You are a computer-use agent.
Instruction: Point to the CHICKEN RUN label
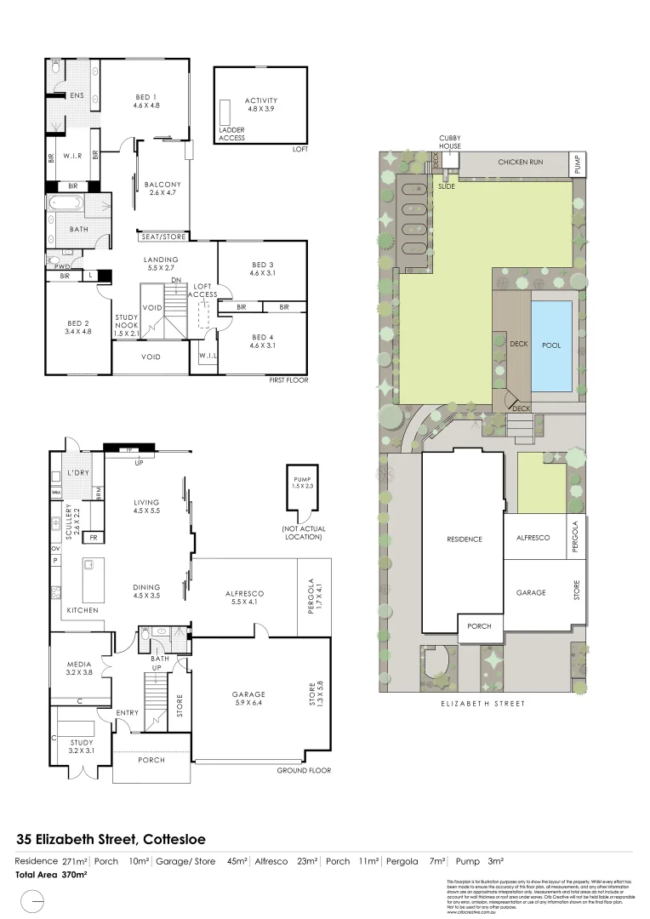[520, 162]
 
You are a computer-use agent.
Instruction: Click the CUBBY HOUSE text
[450, 141]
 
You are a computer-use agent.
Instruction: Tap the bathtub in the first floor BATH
[66, 204]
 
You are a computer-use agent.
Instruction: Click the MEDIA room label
[78, 667]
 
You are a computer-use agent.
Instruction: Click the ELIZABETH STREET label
[483, 704]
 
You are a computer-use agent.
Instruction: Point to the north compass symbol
[31, 900]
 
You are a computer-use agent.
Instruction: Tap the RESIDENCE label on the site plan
[465, 539]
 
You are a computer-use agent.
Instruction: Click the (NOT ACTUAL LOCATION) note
[305, 534]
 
